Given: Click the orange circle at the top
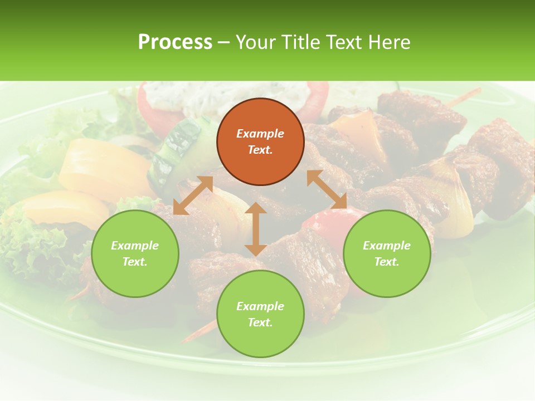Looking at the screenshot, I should point(260,141).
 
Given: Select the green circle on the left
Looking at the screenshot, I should point(135,253).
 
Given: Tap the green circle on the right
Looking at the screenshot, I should point(387,253).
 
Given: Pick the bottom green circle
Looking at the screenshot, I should point(260,314).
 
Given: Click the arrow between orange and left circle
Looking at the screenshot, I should point(193,195).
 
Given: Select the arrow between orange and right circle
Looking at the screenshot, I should point(327,189).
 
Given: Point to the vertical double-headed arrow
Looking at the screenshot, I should point(256,229).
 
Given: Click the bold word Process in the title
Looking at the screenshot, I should point(175,42).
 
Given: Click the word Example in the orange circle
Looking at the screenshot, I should point(260,134).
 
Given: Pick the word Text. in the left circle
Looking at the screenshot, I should point(135,262).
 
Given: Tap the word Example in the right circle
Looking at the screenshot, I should point(387,246).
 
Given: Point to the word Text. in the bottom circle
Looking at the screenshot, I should point(260,322).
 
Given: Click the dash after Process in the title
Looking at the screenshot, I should point(224,42).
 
